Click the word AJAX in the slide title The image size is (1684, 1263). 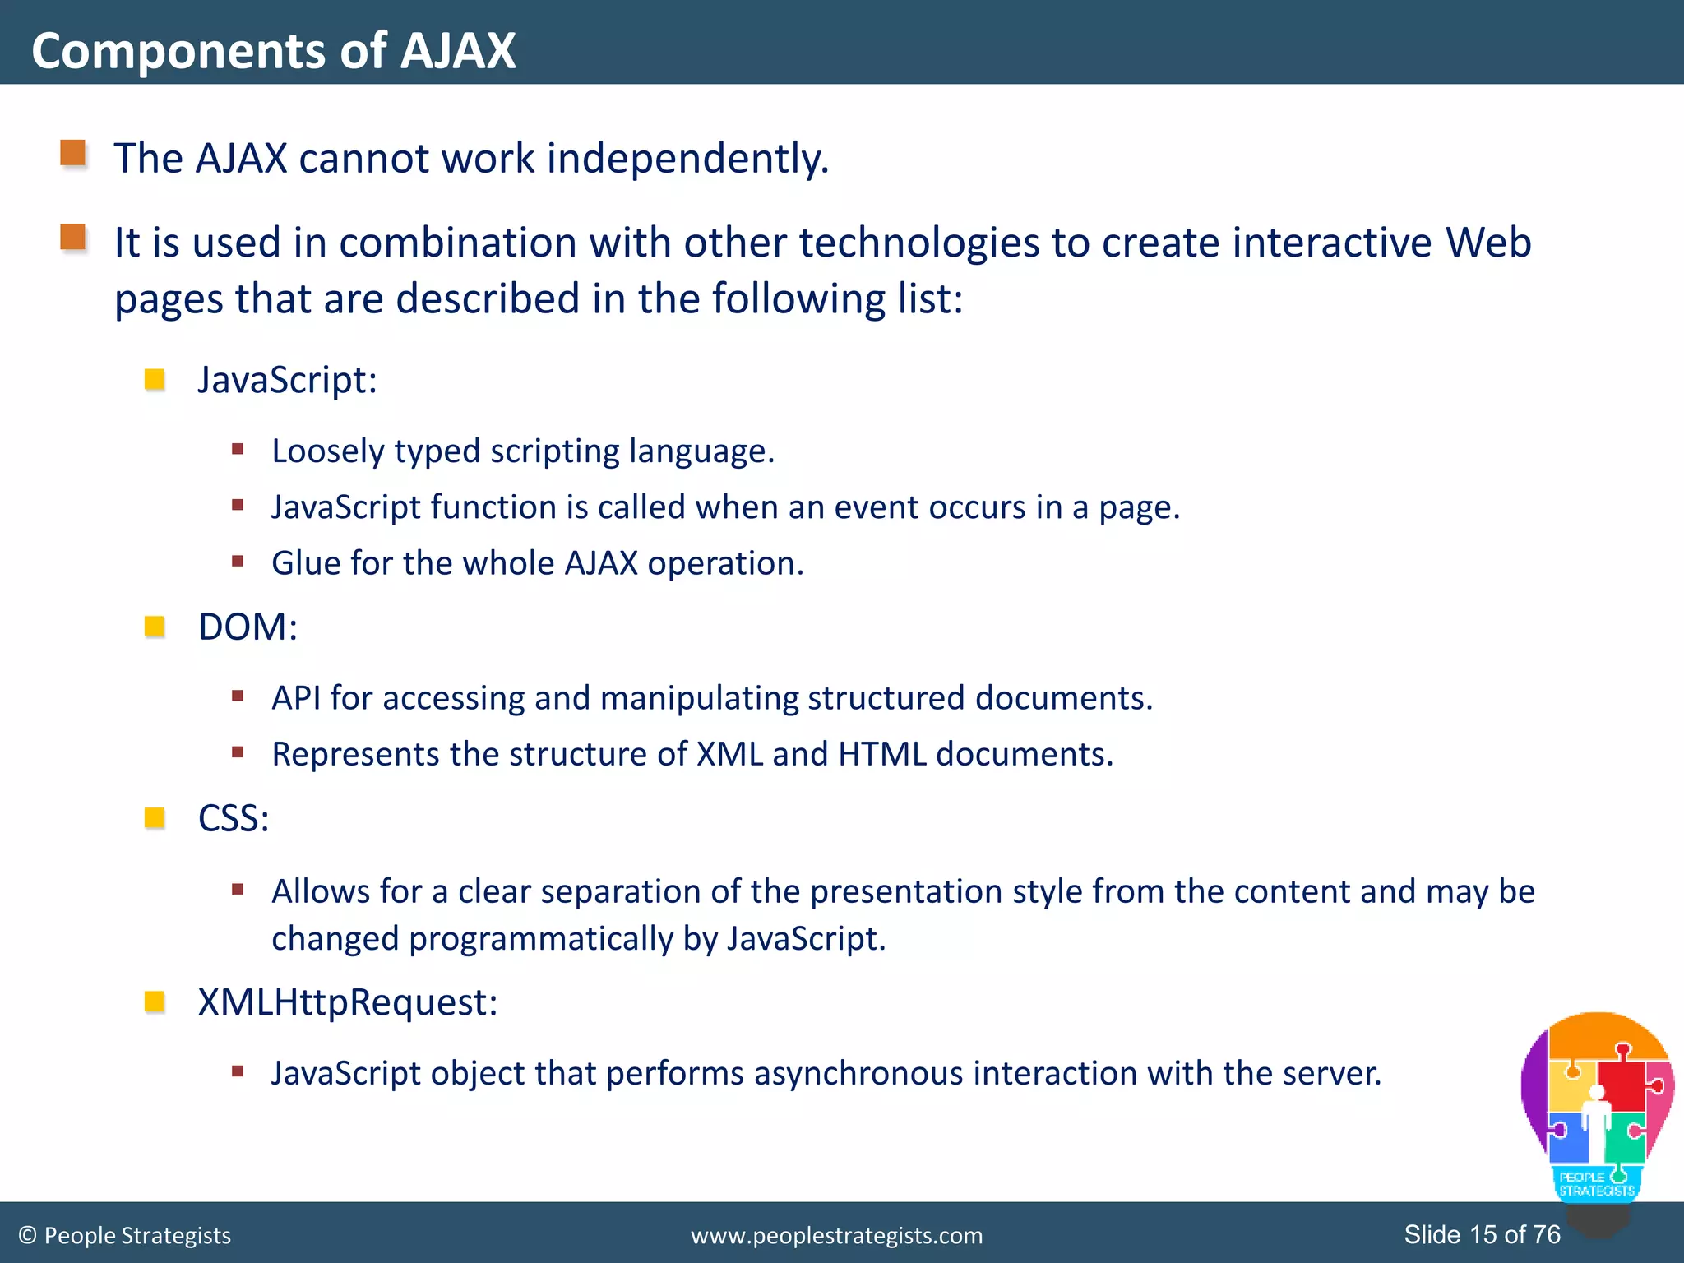457,51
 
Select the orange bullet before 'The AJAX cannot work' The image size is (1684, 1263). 73,154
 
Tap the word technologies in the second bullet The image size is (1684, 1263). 919,243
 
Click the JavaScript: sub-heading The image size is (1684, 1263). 287,380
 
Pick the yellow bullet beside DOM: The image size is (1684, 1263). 155,627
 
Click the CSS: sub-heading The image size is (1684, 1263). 234,818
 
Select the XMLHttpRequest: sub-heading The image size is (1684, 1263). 347,1002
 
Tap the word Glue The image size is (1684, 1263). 306,563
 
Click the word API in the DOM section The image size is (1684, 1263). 296,698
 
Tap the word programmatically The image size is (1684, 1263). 541,938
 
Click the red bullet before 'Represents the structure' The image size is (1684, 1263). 238,752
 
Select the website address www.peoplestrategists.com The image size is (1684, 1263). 836,1235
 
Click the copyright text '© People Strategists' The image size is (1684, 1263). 125,1235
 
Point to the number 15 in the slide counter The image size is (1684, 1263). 1483,1234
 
